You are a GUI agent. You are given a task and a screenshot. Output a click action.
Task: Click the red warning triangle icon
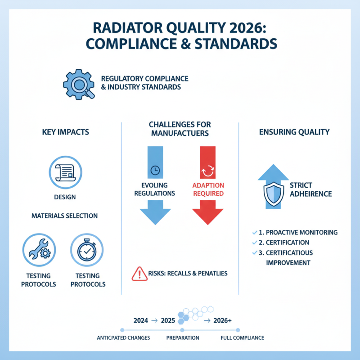coord(137,273)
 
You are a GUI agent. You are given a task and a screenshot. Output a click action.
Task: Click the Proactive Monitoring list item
coord(298,233)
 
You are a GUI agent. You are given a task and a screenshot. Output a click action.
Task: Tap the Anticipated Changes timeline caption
coord(123,337)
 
